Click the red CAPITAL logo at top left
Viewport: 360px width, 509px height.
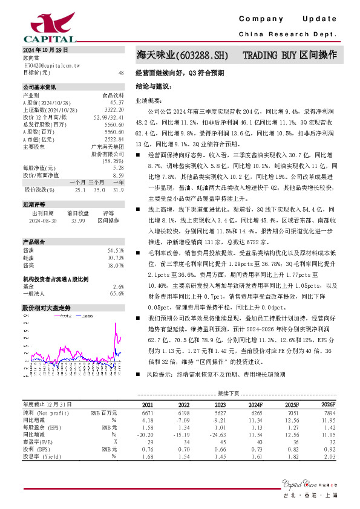[x=43, y=24]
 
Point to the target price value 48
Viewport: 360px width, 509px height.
[x=121, y=73]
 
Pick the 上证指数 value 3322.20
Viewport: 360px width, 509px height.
[x=114, y=110]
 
